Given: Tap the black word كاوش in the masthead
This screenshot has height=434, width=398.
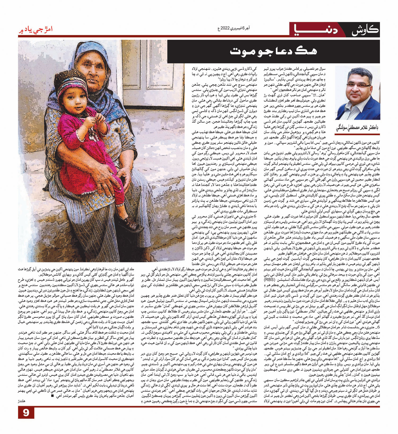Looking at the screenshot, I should coord(365,30).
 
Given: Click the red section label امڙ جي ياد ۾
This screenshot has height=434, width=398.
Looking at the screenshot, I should coord(35,29).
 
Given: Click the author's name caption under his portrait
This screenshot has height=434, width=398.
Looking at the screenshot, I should coord(357,128).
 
